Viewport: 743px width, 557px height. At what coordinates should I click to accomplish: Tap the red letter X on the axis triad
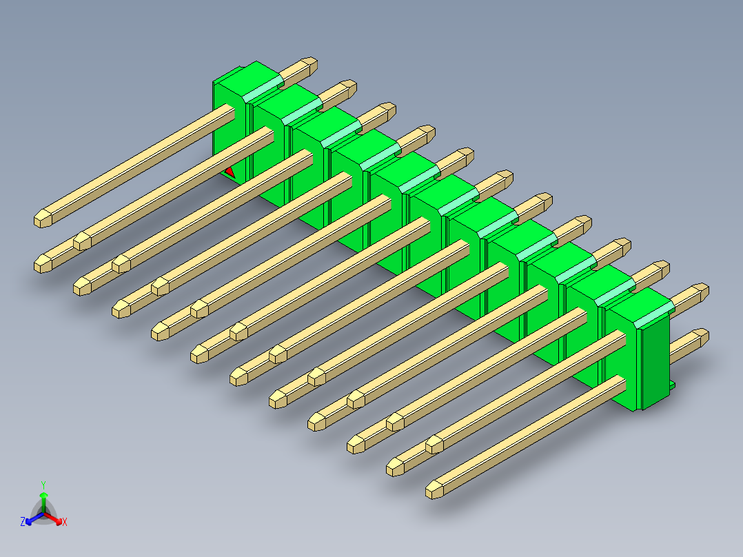pos(65,522)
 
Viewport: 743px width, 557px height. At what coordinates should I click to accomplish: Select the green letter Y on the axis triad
pos(43,484)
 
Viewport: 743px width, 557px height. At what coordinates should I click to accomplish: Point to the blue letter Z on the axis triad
pos(23,522)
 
